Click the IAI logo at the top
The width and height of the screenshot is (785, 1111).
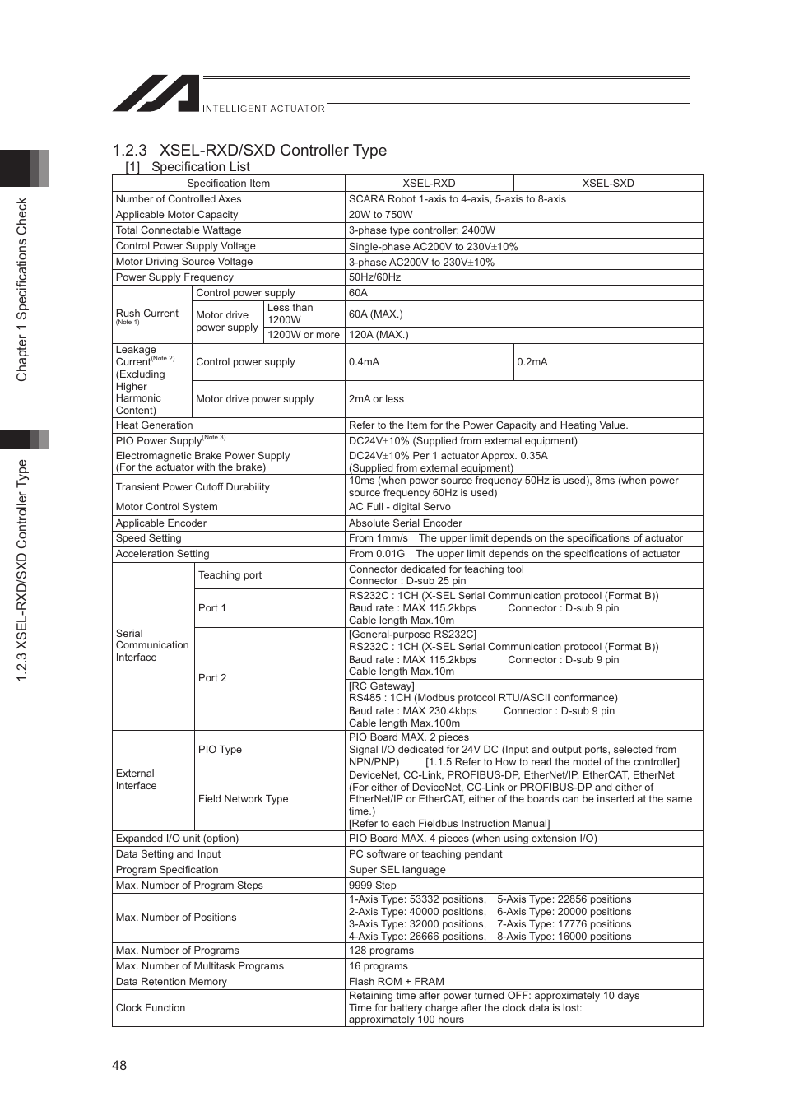[156, 94]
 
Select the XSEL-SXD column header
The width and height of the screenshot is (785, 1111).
[607, 184]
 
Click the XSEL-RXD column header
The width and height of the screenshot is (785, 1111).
[429, 184]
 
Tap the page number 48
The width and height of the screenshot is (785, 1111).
[119, 1065]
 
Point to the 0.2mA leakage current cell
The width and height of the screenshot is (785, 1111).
[532, 362]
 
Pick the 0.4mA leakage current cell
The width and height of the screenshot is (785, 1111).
[364, 362]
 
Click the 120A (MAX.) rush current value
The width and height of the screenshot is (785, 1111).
[379, 335]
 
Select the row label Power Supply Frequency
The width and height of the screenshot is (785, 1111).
[174, 277]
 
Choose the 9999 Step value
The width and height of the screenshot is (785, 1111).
[372, 886]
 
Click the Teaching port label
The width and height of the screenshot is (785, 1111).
[230, 575]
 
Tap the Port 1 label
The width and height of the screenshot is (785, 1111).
[211, 608]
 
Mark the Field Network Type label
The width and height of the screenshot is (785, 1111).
[243, 799]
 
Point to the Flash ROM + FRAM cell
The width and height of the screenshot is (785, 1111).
[396, 982]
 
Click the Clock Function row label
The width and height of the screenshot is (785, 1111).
[151, 1008]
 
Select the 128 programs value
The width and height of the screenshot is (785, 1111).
[381, 951]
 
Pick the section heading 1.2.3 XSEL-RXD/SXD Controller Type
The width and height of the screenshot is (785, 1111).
[249, 150]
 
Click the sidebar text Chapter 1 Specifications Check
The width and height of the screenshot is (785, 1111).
[22, 290]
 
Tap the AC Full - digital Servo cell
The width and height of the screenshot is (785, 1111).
[399, 507]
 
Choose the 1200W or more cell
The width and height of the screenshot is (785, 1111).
[304, 335]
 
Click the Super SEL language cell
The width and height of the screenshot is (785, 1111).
[397, 870]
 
